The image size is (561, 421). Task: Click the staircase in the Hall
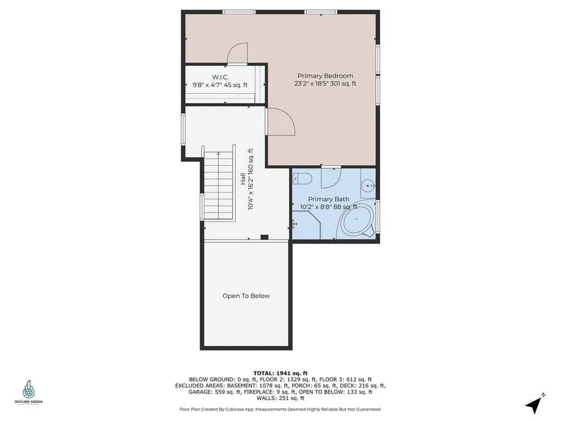pos(219,187)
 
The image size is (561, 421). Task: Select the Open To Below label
pos(246,296)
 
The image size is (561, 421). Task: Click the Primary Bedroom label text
pos(325,76)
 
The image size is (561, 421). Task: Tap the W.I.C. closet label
pos(220,77)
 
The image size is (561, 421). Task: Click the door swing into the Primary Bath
pos(331,177)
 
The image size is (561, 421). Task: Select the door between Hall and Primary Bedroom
pos(280,122)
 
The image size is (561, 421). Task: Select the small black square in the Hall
pos(264,237)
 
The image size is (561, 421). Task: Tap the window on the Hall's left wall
pos(184,130)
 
